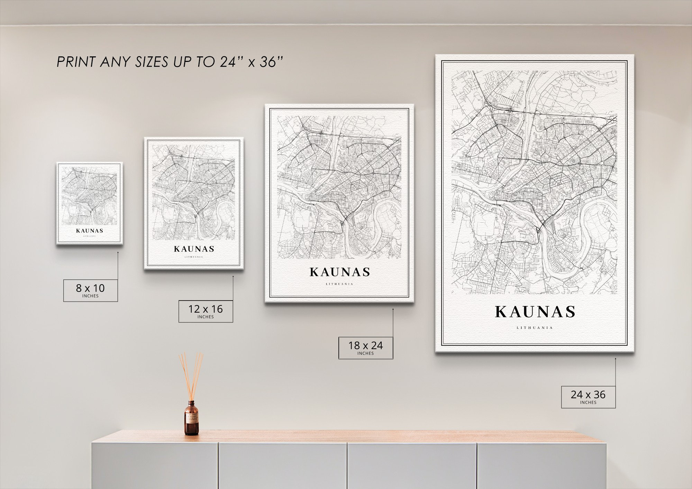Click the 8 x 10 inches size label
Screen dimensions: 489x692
click(90, 290)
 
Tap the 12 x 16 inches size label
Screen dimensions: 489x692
click(206, 311)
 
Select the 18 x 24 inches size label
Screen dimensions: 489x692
click(365, 348)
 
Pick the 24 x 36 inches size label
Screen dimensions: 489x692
click(588, 397)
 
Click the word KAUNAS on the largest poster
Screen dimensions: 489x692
click(535, 312)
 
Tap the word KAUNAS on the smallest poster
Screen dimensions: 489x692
click(90, 231)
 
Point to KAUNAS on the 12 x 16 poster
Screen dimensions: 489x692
click(194, 249)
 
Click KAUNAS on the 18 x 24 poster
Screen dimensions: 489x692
click(340, 273)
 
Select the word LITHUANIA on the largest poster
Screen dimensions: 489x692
click(535, 328)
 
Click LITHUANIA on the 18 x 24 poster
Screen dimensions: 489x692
click(339, 284)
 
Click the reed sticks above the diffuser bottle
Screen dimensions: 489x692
click(191, 375)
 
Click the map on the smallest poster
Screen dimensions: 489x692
click(90, 196)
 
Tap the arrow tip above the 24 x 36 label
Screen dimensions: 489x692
click(616, 359)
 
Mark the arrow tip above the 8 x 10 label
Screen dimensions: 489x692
click(118, 252)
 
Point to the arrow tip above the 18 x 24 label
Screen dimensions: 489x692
click(393, 309)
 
